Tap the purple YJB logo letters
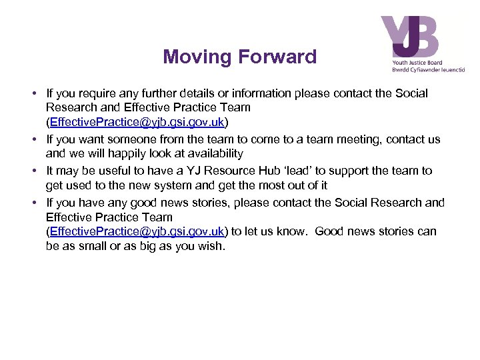[409, 37]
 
